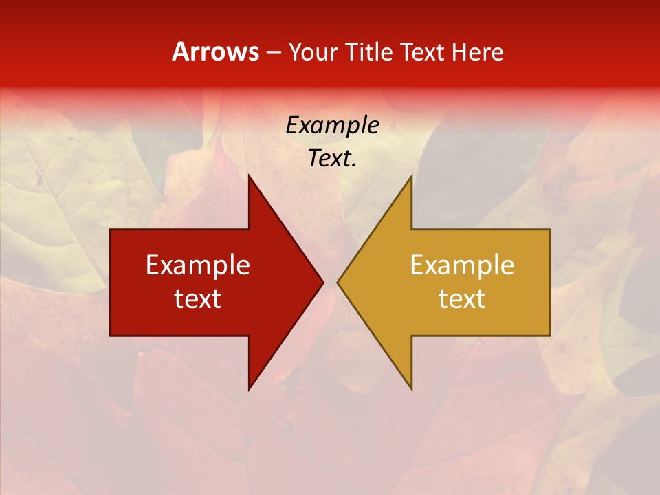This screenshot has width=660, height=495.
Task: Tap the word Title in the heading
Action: pos(369,52)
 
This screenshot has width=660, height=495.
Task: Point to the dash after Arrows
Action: pos(272,52)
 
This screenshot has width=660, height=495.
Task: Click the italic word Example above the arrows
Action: pos(332,125)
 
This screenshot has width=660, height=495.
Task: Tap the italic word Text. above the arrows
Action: pos(332,158)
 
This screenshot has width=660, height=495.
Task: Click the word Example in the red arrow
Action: pos(198,265)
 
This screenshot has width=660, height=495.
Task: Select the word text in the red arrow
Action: pos(198,298)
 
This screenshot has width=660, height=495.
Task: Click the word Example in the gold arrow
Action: pos(462,265)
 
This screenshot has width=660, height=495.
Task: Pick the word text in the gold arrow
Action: pos(462,298)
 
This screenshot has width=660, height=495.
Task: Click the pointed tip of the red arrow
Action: pos(323,283)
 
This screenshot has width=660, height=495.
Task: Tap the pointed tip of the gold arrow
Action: pos(337,283)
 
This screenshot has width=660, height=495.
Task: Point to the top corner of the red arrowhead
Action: pos(249,175)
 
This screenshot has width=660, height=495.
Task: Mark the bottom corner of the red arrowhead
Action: pos(249,390)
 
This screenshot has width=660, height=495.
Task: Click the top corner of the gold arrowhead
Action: pos(411,175)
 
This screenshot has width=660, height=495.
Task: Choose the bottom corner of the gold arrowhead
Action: pos(411,390)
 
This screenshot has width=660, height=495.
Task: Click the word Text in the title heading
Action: pos(422,52)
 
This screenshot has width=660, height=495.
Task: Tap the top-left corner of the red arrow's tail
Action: pos(111,230)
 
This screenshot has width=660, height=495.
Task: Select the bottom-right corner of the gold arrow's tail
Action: pos(550,335)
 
